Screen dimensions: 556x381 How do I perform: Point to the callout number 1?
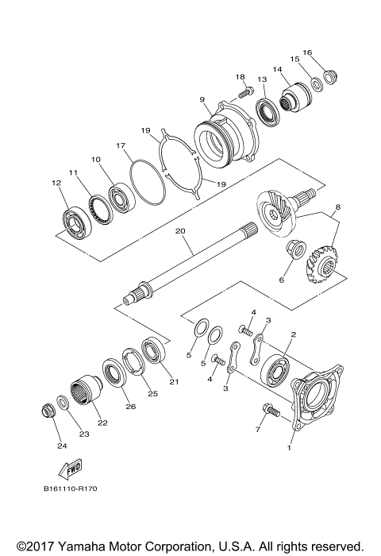click(290, 447)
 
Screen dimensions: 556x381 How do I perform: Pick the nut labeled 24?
click(48, 411)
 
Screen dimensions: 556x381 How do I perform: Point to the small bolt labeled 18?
click(245, 88)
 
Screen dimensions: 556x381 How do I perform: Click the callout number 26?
click(129, 406)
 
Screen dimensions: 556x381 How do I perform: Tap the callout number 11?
click(72, 172)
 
